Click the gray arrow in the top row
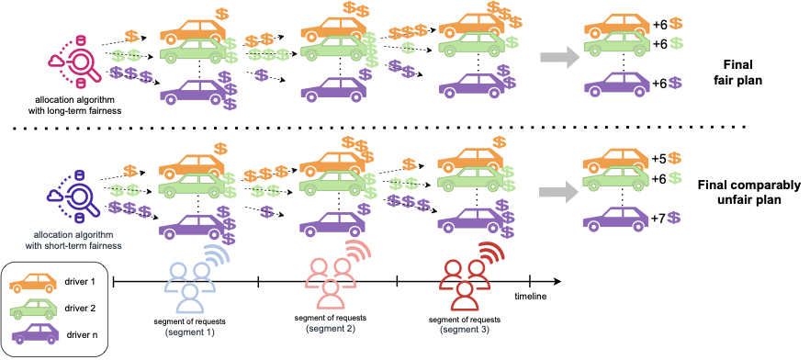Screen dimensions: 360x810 point(559,57)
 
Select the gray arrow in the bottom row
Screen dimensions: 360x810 point(558,192)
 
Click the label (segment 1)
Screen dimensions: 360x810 point(189,331)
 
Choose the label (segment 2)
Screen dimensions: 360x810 point(330,328)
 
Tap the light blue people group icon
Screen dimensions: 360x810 point(189,286)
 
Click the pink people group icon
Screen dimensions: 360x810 point(330,282)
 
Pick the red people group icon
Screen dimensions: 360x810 point(464,284)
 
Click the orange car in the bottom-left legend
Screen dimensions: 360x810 point(33,284)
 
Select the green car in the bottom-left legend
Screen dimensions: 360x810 point(33,309)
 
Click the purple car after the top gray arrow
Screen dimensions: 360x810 point(616,84)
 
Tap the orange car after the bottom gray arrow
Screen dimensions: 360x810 point(616,160)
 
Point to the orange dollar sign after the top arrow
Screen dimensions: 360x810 point(676,23)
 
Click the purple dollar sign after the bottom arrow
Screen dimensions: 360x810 point(674,218)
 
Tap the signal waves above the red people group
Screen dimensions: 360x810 point(491,254)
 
